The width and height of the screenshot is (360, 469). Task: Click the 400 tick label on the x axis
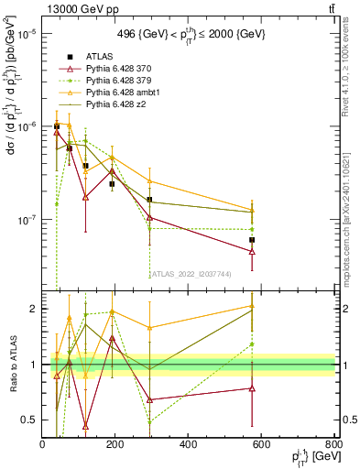click(x=189, y=445)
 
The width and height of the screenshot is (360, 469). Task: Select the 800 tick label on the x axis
click(x=333, y=445)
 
